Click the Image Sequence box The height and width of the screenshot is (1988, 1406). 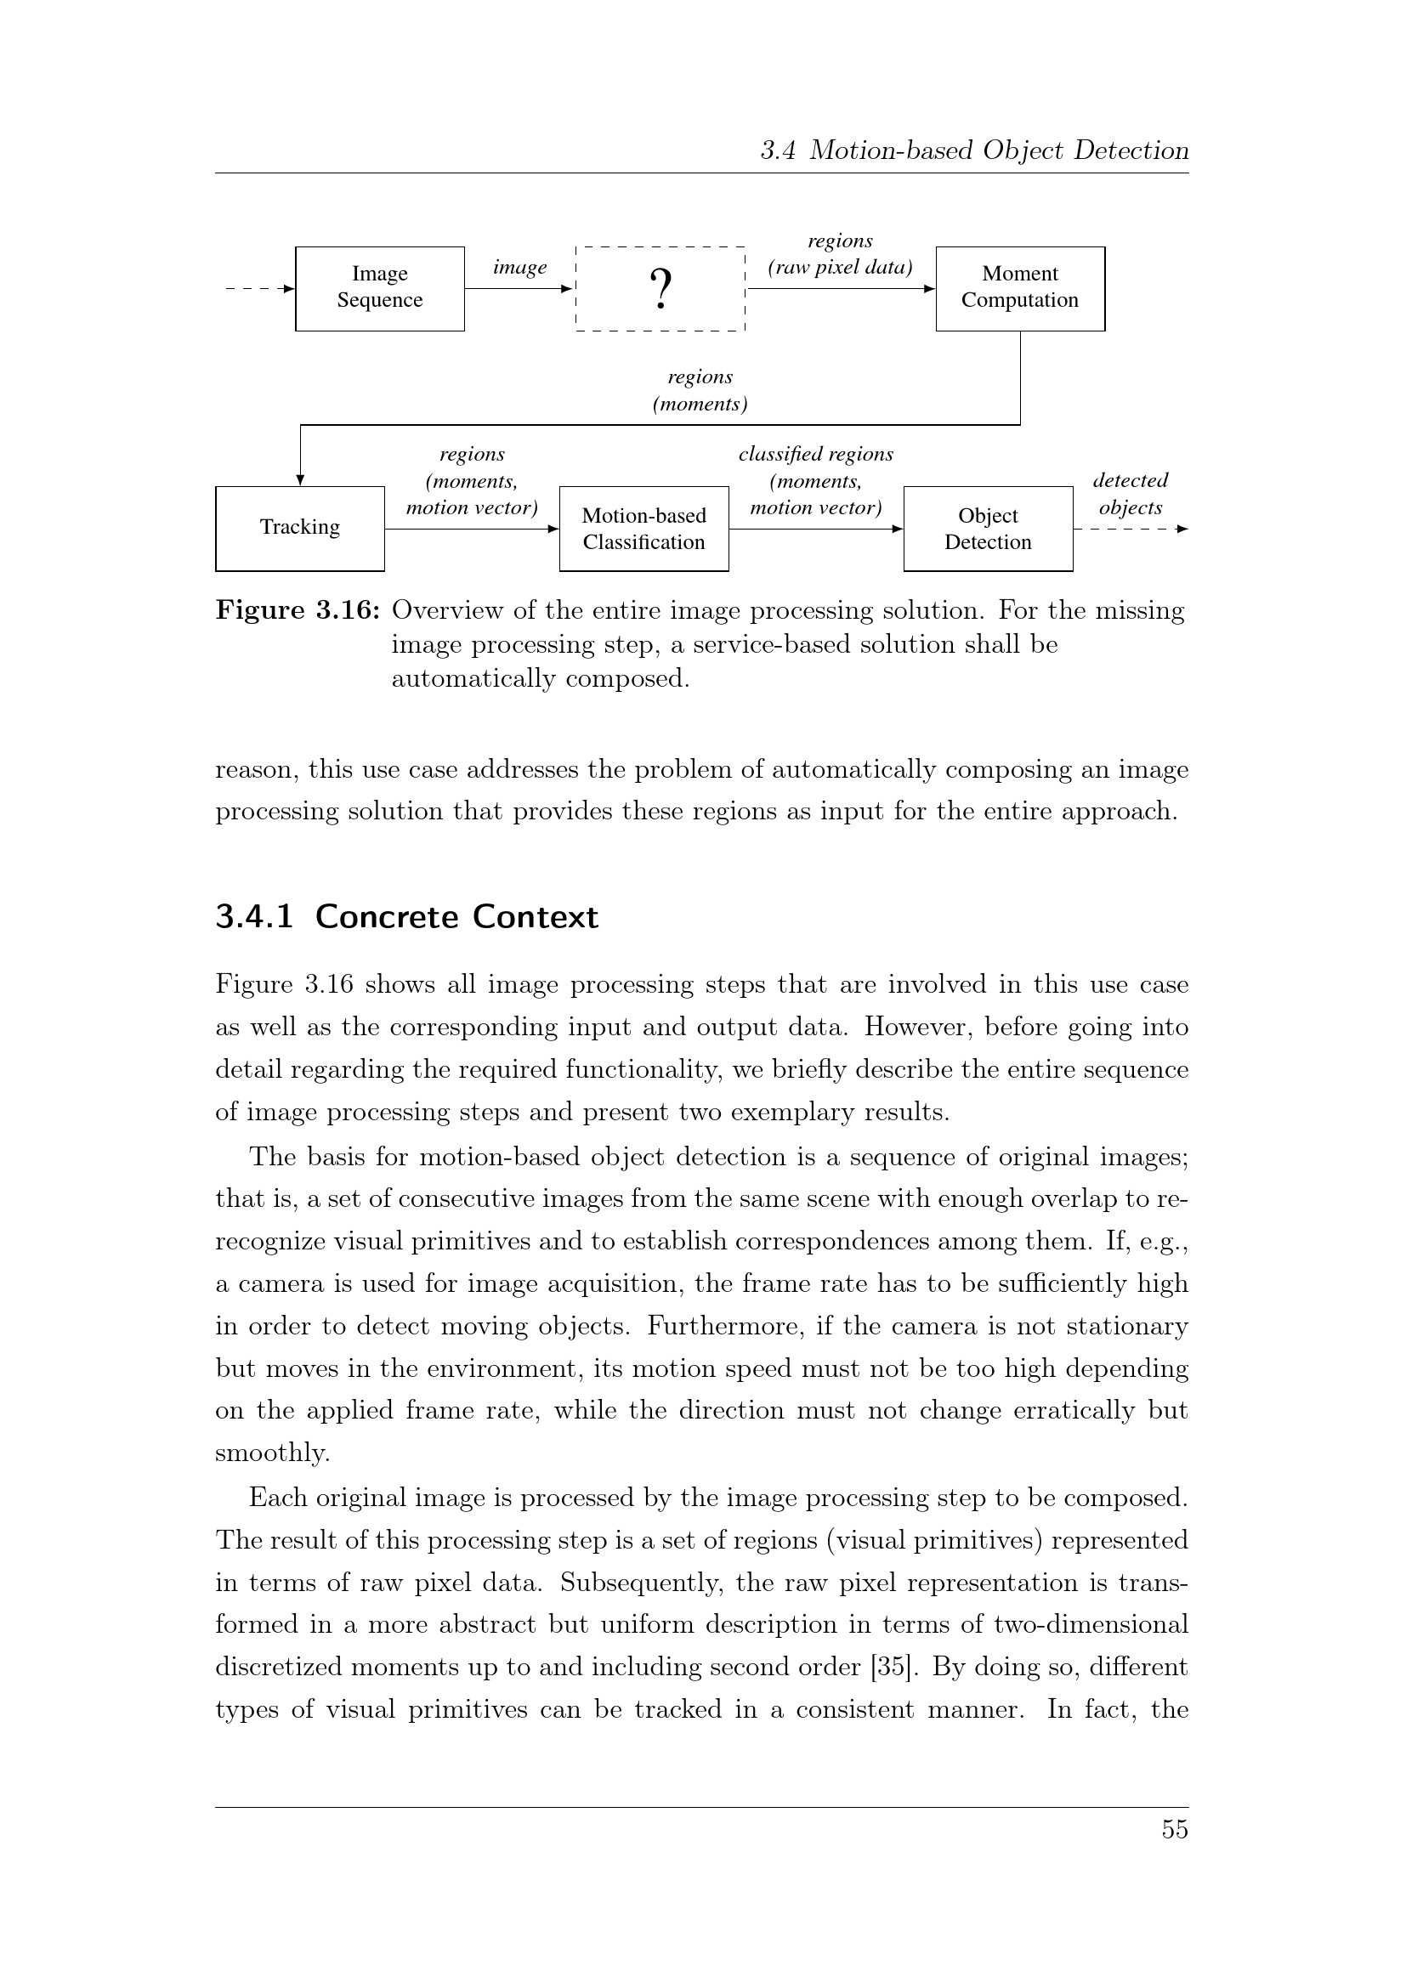pyautogui.click(x=379, y=288)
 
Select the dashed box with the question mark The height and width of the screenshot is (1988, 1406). pyautogui.click(x=660, y=288)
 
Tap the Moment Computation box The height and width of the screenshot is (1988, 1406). pyautogui.click(x=1020, y=288)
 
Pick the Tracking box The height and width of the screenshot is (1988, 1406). pyautogui.click(x=299, y=528)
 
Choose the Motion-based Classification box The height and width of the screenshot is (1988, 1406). pyautogui.click(x=643, y=528)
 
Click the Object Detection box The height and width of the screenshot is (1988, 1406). pyautogui.click(x=988, y=528)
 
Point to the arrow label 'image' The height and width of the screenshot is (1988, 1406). pyautogui.click(x=519, y=267)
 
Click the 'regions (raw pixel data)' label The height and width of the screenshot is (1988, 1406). pyautogui.click(x=840, y=253)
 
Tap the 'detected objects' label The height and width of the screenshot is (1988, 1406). pyautogui.click(x=1130, y=494)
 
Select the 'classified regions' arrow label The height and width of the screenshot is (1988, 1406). pyautogui.click(x=815, y=455)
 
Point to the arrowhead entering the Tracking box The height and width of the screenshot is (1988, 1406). pyautogui.click(x=300, y=479)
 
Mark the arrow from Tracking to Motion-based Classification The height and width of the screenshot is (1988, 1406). pyautogui.click(x=472, y=529)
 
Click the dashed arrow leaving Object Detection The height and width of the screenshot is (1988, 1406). pyautogui.click(x=1130, y=529)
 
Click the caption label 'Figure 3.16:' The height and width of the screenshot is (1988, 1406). pyautogui.click(x=298, y=610)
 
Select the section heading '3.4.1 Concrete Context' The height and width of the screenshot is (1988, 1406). pyautogui.click(x=406, y=917)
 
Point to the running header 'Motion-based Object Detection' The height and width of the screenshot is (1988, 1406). pyautogui.click(x=999, y=150)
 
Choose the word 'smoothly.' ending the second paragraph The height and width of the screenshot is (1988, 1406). pyautogui.click(x=273, y=1453)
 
